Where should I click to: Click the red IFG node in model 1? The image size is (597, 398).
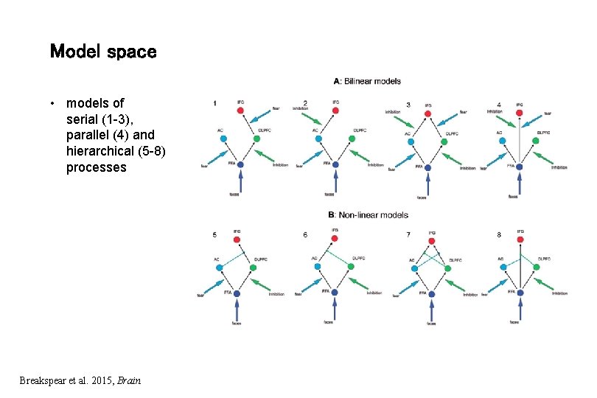coord(240,111)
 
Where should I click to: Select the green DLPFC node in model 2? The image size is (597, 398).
coord(352,139)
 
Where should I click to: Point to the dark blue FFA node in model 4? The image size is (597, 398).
coord(519,167)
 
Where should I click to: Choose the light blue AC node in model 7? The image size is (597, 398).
coord(414,268)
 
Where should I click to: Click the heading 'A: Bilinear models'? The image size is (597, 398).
coord(367,81)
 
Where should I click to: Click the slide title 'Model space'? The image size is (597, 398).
coord(102,52)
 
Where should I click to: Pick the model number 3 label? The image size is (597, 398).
coord(408,105)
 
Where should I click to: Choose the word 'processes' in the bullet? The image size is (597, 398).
coord(96,167)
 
